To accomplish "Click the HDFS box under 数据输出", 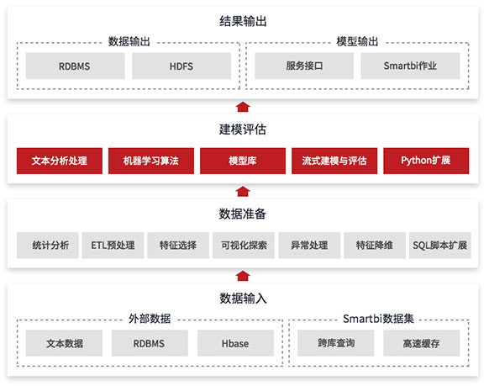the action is point(181,66).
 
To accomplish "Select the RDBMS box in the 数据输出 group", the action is point(75,66).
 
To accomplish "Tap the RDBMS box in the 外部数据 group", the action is point(150,343).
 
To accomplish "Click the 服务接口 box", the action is point(304,66).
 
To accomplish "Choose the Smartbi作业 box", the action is point(410,66).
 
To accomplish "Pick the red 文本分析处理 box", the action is point(60,161).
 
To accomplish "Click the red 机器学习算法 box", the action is point(151,161).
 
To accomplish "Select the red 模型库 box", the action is point(243,161).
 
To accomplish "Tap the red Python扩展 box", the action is point(426,161).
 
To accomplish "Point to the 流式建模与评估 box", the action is point(334,161).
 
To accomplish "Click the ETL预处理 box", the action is point(113,246).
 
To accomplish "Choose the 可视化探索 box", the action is point(244,246).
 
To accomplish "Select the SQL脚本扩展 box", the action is point(440,246).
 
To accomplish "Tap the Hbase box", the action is point(235,343).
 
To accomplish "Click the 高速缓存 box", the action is point(421,343).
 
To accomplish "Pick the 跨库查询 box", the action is point(336,343).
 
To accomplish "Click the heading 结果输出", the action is point(243,21).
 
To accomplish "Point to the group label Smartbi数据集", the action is point(378,319).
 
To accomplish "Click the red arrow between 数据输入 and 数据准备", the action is point(243,276).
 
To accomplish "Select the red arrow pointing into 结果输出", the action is point(243,107).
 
